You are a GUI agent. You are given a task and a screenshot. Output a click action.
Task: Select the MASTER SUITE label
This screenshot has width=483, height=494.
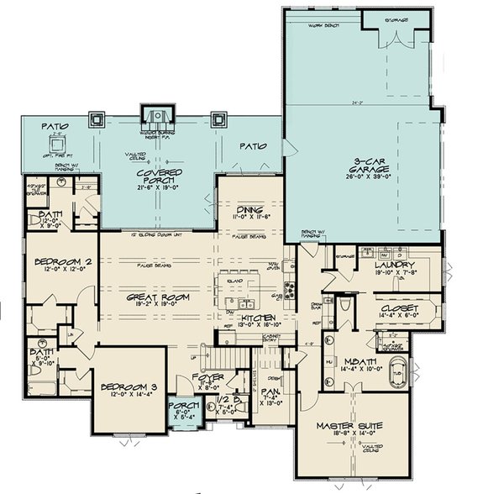pyautogui.click(x=349, y=427)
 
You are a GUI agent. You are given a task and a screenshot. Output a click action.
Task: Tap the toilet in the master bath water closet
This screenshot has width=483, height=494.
pyautogui.click(x=346, y=308)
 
